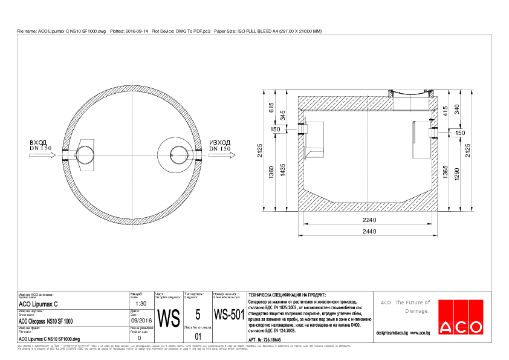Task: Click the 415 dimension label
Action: tap(445, 111)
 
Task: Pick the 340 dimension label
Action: tap(456, 108)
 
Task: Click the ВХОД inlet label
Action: tap(38, 142)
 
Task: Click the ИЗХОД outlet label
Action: tap(219, 142)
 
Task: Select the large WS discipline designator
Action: tap(169, 317)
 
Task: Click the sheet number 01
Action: tap(198, 336)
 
